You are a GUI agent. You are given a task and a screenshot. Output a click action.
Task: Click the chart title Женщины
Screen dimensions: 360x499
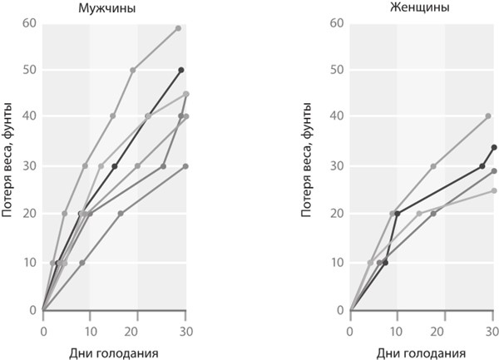click(x=421, y=8)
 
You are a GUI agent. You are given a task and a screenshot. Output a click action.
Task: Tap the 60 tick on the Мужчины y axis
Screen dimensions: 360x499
click(x=30, y=22)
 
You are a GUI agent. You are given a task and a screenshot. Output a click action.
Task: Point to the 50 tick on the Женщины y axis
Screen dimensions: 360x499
click(x=337, y=70)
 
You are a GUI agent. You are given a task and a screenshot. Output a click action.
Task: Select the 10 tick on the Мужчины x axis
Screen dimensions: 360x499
click(x=90, y=329)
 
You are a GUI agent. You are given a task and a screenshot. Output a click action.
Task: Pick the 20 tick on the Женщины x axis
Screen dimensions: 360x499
click(x=444, y=329)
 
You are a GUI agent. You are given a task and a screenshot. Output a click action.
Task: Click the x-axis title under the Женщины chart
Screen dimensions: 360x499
click(x=421, y=352)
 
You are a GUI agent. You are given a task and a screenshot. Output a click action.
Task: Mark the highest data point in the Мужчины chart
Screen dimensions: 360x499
click(x=178, y=28)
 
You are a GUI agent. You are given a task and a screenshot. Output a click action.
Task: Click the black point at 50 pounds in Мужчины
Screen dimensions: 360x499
click(x=180, y=70)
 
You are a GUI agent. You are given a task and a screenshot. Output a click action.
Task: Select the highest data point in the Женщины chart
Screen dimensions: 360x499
click(x=488, y=116)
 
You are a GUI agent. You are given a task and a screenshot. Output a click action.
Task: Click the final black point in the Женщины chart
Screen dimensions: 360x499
click(x=494, y=147)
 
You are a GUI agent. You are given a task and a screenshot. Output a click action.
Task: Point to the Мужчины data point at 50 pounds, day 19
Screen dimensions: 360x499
click(x=133, y=70)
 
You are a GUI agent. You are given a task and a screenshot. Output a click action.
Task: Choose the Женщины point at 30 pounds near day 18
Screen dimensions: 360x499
click(x=433, y=166)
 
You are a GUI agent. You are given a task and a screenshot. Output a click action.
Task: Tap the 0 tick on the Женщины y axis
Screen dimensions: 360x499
click(x=340, y=310)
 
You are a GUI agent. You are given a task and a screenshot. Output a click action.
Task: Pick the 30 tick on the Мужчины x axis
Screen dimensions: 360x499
click(x=185, y=329)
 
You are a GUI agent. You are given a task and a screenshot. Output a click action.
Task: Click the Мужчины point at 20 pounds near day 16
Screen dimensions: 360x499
click(x=121, y=214)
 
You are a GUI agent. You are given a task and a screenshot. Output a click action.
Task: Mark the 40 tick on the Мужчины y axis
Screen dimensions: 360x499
click(x=30, y=118)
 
